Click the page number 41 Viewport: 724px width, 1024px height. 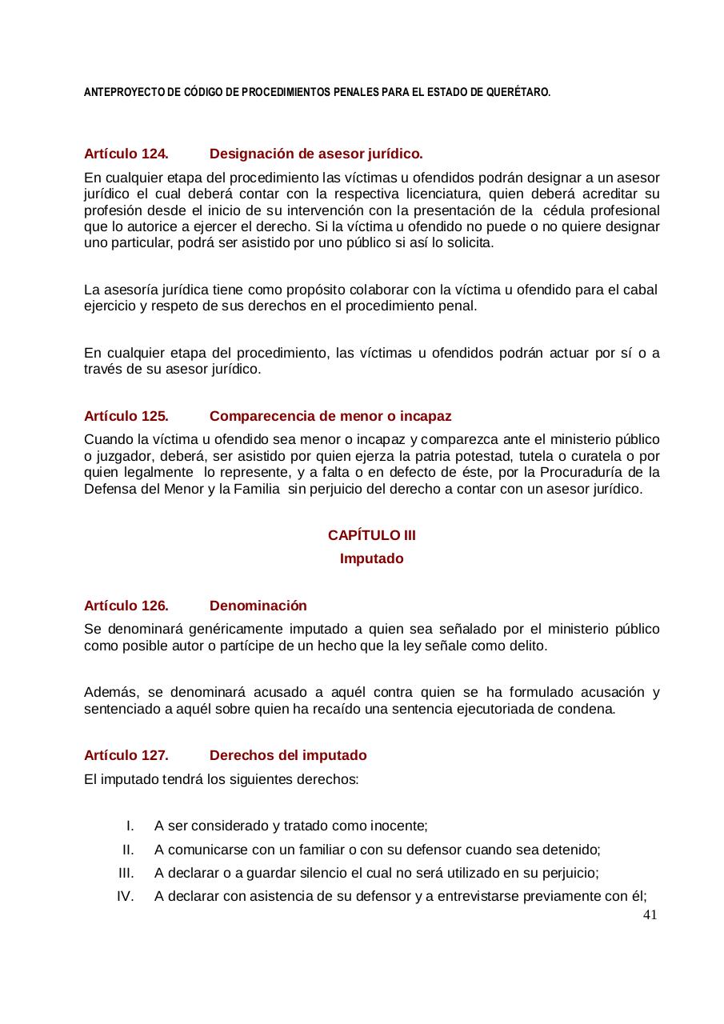[x=650, y=915]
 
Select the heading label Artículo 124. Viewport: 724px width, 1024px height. [x=126, y=153]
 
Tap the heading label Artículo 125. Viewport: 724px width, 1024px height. [x=126, y=416]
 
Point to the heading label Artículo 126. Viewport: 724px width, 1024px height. [x=126, y=606]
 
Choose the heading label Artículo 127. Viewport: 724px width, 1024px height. [x=126, y=755]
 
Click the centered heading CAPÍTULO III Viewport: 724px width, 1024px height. [x=371, y=535]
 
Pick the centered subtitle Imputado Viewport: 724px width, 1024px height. [x=371, y=558]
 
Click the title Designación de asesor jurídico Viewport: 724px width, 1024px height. [x=316, y=153]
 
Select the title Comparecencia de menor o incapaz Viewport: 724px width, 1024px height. [x=330, y=416]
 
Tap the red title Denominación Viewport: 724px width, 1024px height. [x=258, y=606]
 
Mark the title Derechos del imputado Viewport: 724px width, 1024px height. [x=288, y=755]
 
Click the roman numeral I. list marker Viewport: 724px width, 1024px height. [x=130, y=826]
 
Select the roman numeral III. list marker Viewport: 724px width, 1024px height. [x=126, y=873]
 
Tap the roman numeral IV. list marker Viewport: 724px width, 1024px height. [x=125, y=896]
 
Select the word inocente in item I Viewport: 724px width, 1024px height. [x=398, y=826]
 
